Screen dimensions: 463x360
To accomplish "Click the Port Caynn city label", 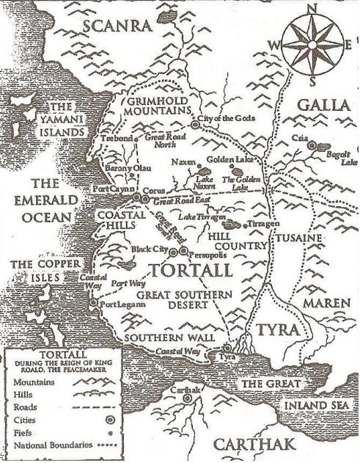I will point(111,189).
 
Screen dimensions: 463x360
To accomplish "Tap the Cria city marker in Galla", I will point(312,146).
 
